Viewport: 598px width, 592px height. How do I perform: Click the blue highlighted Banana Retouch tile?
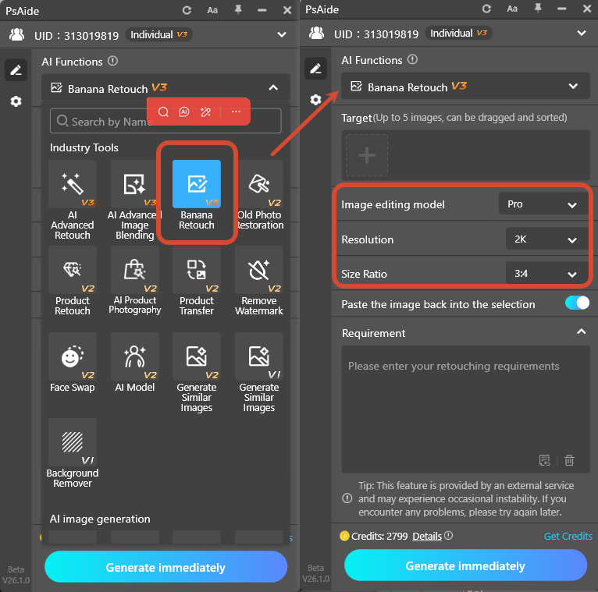tap(196, 184)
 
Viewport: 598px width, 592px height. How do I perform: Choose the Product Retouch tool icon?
tap(73, 270)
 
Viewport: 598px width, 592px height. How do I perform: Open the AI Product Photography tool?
tap(134, 270)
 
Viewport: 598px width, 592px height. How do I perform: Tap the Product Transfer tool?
tap(197, 270)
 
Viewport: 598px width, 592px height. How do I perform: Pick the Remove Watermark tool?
tap(259, 270)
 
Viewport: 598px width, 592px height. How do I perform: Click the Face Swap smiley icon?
tap(73, 356)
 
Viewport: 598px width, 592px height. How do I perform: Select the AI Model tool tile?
tap(134, 356)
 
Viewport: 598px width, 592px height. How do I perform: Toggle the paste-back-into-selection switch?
tap(577, 303)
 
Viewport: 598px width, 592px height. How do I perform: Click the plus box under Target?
tap(367, 155)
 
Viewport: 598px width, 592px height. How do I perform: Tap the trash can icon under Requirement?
tap(569, 460)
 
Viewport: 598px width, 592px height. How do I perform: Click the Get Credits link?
tap(568, 536)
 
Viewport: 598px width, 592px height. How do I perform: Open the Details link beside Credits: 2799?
tap(426, 536)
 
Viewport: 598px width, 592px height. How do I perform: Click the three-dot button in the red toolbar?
tap(236, 112)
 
